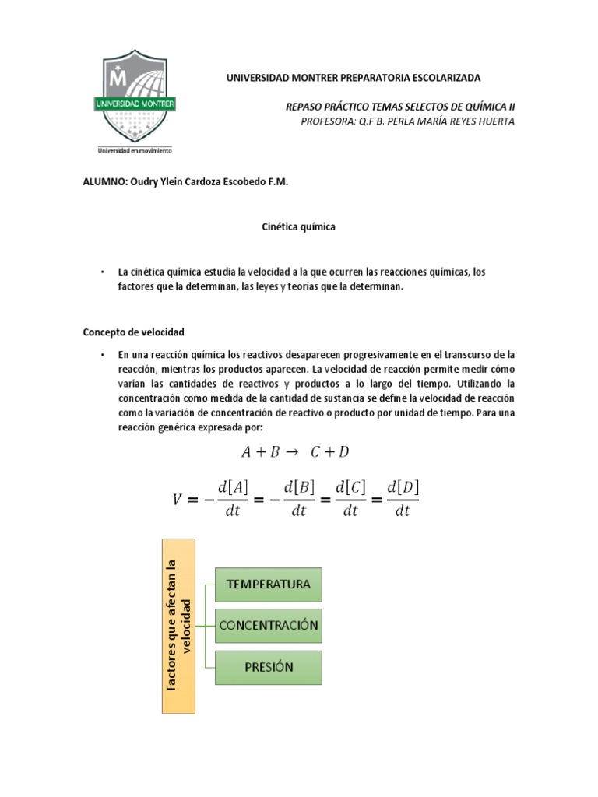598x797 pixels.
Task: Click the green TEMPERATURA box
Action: pos(268,584)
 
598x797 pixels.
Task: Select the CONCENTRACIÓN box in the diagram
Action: pos(268,625)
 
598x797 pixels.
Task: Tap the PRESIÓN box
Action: pos(268,667)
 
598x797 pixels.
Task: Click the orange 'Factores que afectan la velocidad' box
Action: pos(178,625)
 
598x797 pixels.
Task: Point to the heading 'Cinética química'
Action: pos(297,226)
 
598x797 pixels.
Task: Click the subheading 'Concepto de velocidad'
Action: pos(133,332)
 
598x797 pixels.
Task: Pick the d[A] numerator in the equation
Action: pos(233,487)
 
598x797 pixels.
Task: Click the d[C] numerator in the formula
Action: pos(350,487)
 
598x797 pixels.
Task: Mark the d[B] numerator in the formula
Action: pos(299,487)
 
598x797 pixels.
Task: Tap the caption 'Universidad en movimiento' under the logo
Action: pos(134,150)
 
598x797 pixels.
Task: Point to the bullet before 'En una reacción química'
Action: pos(102,354)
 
